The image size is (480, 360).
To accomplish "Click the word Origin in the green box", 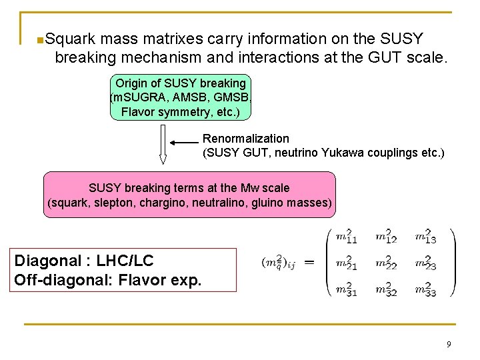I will pyautogui.click(x=133, y=83).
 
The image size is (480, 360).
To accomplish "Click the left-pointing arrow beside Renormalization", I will pyautogui.click(x=184, y=142).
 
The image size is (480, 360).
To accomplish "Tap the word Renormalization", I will pyautogui.click(x=246, y=139).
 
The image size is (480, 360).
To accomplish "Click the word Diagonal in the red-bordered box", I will pyautogui.click(x=47, y=261).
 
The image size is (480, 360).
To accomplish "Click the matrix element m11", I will pyautogui.click(x=346, y=236).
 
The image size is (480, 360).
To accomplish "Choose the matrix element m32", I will pyautogui.click(x=385, y=289).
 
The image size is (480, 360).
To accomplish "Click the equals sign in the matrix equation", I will pyautogui.click(x=309, y=263).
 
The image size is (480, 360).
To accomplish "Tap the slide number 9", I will pyautogui.click(x=449, y=344).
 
